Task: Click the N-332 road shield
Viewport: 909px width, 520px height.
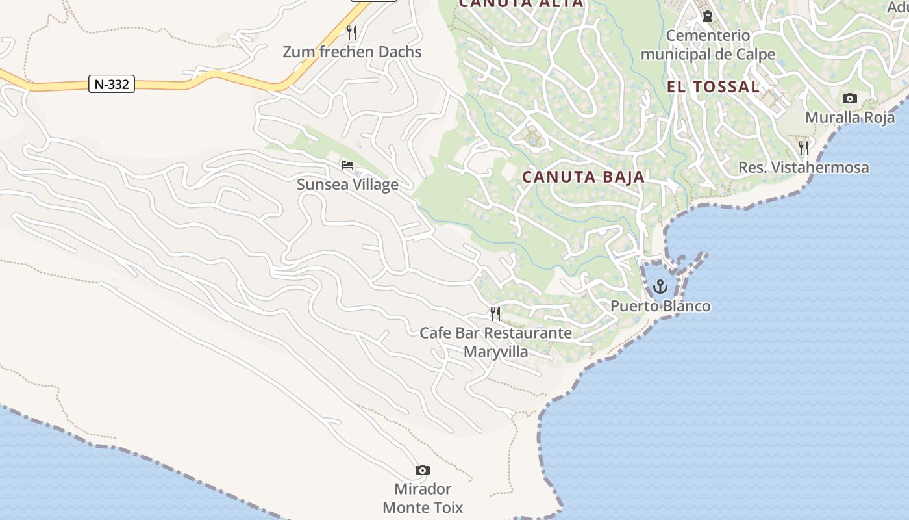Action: [x=112, y=84]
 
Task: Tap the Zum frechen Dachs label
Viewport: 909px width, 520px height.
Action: [x=352, y=52]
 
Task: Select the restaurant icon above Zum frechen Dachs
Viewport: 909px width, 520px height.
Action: [x=352, y=31]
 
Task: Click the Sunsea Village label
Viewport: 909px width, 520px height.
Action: [x=347, y=185]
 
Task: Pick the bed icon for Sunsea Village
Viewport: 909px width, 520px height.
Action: [x=347, y=165]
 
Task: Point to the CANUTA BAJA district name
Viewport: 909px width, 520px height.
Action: [x=583, y=177]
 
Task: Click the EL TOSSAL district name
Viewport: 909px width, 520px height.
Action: [x=713, y=86]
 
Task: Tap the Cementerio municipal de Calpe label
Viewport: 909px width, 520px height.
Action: [x=708, y=45]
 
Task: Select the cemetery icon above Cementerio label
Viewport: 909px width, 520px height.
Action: [x=708, y=16]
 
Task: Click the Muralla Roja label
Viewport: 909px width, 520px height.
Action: [x=849, y=118]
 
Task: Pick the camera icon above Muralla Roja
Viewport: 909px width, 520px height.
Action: [x=849, y=99]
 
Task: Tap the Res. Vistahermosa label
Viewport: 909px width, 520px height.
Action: [x=803, y=168]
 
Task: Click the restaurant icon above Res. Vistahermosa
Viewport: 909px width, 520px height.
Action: [x=803, y=148]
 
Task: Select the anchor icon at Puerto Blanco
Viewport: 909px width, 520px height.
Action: [x=660, y=287]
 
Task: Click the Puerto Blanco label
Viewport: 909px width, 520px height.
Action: [x=660, y=306]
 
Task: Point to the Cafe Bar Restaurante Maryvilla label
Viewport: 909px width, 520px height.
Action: [x=495, y=343]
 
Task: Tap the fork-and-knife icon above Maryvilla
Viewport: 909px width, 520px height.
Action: [x=495, y=314]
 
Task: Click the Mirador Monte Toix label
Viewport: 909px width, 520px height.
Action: [x=423, y=498]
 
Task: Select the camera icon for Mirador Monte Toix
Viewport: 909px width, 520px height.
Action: [x=423, y=470]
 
